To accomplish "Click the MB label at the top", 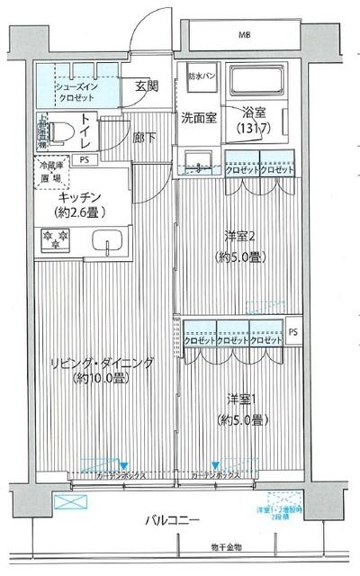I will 245,35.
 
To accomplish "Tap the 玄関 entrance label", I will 146,86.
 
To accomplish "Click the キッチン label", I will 85,198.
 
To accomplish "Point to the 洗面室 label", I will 198,118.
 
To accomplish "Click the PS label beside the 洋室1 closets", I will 294,332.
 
